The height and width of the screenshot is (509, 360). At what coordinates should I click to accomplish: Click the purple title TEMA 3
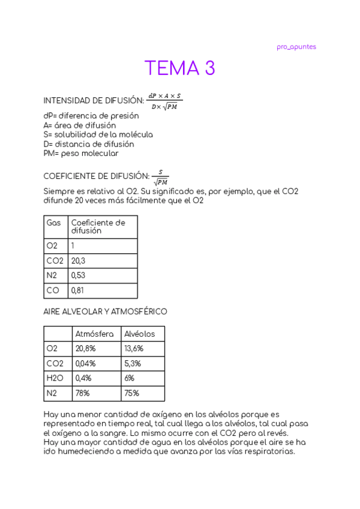[179, 68]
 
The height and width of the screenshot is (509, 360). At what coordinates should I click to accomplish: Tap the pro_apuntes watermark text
[296, 47]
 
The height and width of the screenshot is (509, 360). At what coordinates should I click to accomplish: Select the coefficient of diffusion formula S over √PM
[160, 177]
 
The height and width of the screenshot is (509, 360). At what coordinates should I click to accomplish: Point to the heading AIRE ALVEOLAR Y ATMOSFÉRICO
[106, 312]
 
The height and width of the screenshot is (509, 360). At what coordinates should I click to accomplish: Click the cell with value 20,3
[78, 261]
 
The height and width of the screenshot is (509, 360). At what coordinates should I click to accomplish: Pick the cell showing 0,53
[78, 276]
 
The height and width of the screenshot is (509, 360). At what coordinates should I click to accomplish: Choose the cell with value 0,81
[78, 291]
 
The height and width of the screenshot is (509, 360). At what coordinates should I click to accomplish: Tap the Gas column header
[54, 223]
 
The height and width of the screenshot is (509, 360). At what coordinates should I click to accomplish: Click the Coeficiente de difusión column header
[98, 226]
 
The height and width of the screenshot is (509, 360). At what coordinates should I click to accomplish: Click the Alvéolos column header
[139, 334]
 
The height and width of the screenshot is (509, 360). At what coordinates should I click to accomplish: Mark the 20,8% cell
[85, 349]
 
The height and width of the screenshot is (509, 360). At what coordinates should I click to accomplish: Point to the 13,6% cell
[134, 349]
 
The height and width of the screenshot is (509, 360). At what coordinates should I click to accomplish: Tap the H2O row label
[55, 379]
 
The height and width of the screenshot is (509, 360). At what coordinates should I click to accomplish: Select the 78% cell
[82, 394]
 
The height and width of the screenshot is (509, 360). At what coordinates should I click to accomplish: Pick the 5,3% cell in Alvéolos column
[132, 364]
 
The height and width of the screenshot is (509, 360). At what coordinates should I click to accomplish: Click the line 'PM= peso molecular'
[81, 153]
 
